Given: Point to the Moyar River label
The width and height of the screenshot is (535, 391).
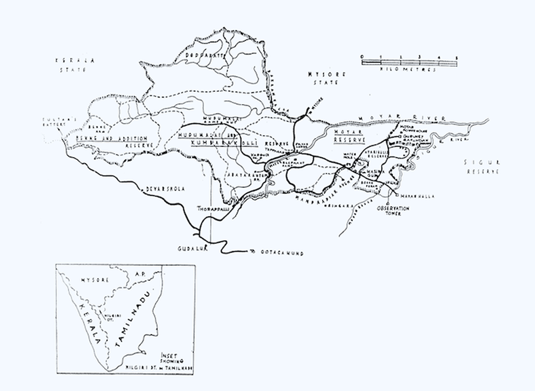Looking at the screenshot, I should pos(399,118).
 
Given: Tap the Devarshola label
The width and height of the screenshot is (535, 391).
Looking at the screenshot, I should pos(162,189).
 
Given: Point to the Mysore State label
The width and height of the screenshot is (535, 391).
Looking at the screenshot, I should pos(324,78).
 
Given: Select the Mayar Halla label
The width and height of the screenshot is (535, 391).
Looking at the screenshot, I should pos(412,196).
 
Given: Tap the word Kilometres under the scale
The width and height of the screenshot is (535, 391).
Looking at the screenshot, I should pos(409,69).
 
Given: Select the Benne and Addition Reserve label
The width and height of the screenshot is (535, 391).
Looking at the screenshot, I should pos(111,140).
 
